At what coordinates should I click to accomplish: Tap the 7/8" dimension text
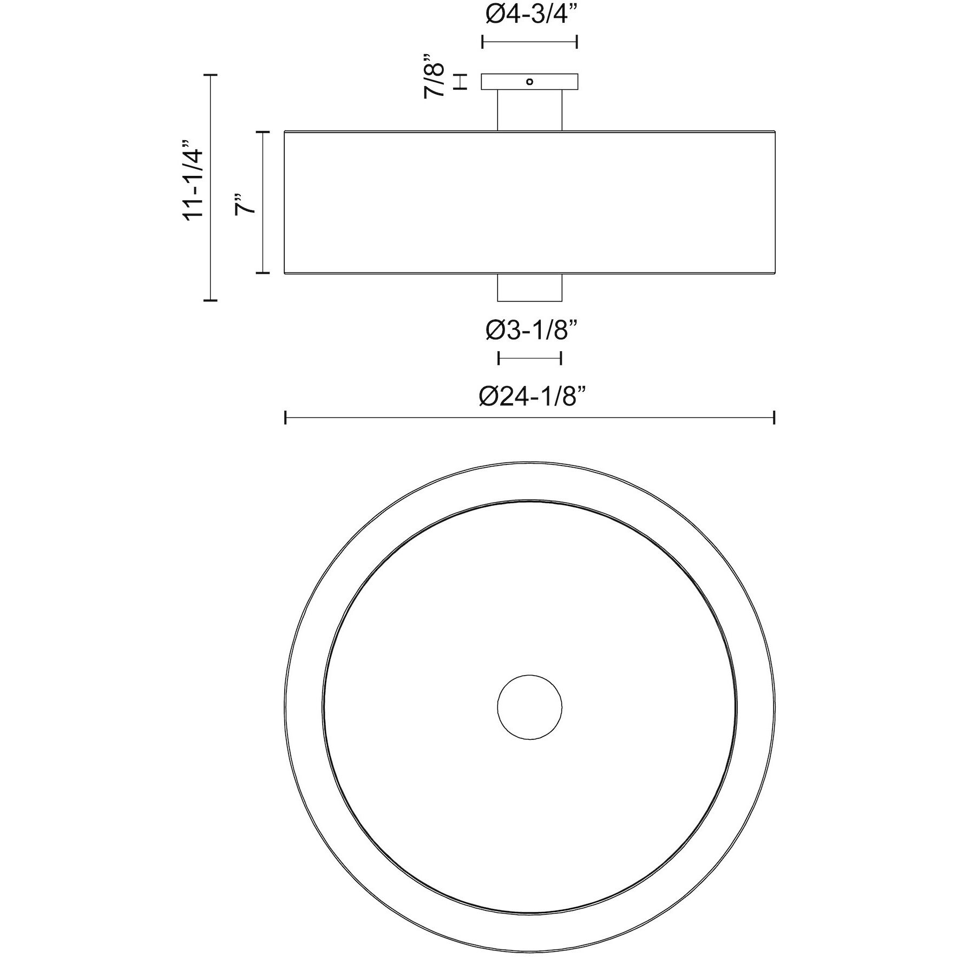tap(434, 76)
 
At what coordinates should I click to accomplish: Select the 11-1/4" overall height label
tap(193, 180)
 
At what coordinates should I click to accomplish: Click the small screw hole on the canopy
tap(530, 82)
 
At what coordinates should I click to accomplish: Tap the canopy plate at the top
tap(530, 82)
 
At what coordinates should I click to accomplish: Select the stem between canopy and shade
tap(530, 110)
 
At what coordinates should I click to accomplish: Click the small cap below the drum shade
tap(530, 288)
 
